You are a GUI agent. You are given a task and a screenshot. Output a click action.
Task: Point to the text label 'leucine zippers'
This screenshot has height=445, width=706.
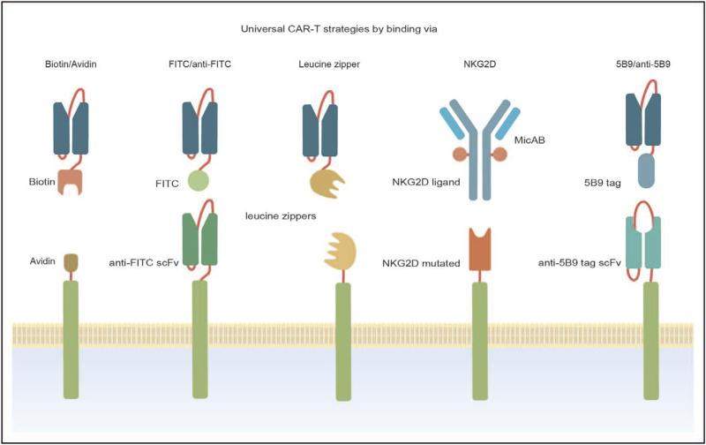[281, 215]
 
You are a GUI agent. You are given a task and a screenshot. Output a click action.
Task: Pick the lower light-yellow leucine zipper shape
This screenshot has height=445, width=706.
[342, 252]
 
